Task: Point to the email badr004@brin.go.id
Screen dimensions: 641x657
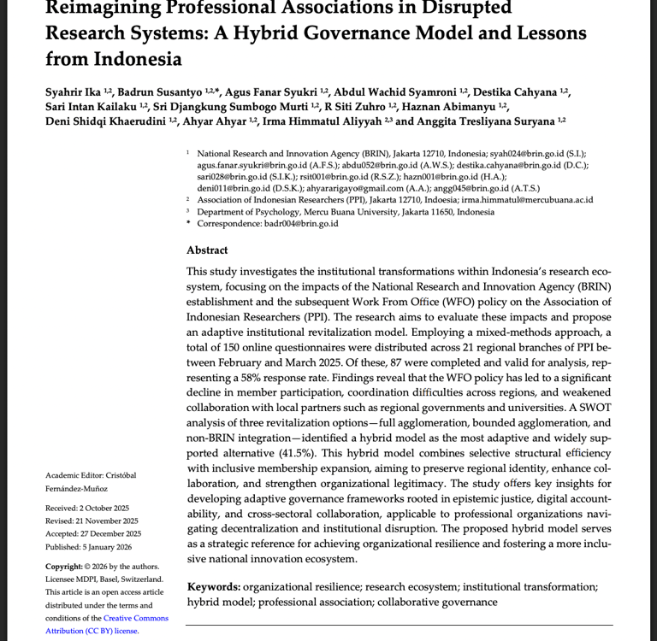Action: coord(301,224)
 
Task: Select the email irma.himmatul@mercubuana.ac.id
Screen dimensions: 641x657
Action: coord(522,200)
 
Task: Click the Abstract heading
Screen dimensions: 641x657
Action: coord(207,250)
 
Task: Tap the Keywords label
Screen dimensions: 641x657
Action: coord(213,587)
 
